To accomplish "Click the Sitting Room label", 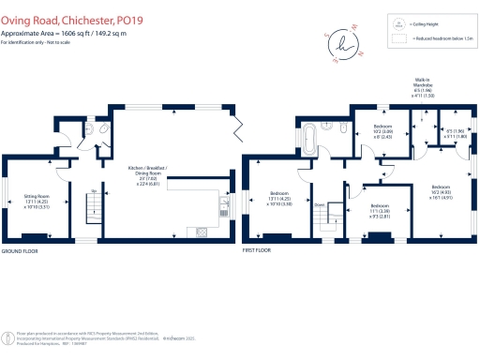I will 36,199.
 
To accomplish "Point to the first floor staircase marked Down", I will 323,214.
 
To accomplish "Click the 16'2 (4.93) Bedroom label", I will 441,193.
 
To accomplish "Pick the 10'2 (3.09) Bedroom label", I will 382,130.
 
